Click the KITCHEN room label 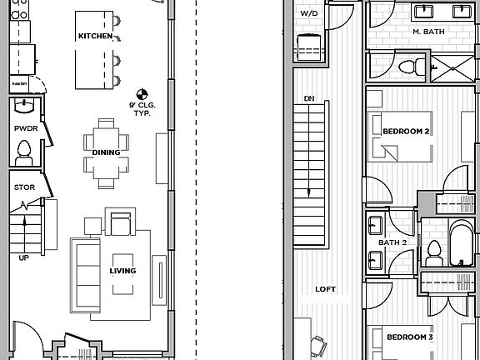point(95,36)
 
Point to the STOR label point(24,187)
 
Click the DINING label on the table point(106,152)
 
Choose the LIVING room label point(122,271)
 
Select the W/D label point(309,14)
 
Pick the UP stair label point(23,257)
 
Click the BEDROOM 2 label point(406,132)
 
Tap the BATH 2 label point(391,242)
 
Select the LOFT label point(326,289)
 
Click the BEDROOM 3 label point(408,337)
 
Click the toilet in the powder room point(24,150)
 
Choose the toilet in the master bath point(407,66)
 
